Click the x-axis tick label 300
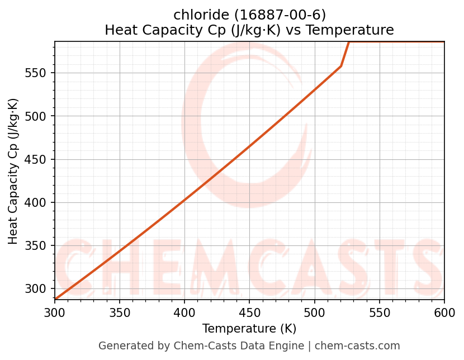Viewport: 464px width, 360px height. (55, 312)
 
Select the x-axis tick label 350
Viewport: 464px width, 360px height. (120, 312)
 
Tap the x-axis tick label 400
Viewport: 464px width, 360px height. (184, 312)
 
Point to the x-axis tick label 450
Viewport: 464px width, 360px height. (249, 312)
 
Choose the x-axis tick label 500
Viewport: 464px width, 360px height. (314, 312)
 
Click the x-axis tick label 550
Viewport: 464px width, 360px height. (379, 312)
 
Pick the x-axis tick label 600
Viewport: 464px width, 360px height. (444, 312)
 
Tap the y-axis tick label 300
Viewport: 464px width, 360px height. (39, 289)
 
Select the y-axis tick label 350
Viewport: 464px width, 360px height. (39, 246)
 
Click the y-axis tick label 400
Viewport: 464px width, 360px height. (39, 203)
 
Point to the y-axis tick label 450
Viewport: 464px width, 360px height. (39, 160)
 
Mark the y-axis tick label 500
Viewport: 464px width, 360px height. (39, 116)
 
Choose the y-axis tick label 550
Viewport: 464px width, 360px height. (39, 73)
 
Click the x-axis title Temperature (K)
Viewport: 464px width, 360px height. (249, 329)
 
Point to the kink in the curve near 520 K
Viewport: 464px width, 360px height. (340, 67)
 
